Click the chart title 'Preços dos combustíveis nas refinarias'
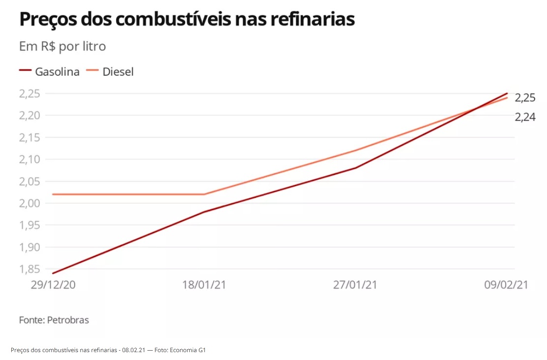(x=186, y=20)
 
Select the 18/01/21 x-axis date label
(x=204, y=285)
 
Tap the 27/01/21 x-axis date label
(x=355, y=285)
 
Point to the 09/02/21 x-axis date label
(x=506, y=285)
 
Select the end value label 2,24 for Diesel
(x=525, y=117)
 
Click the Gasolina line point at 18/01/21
(x=204, y=212)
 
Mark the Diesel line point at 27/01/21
(x=355, y=150)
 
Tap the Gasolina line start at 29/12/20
(x=53, y=273)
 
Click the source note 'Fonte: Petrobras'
(x=54, y=320)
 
